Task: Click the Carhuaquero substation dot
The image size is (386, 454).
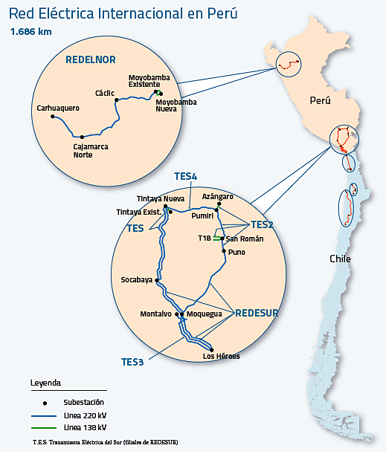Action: [53, 117]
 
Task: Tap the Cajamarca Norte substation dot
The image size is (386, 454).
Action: [82, 137]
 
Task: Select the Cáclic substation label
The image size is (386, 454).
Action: [105, 93]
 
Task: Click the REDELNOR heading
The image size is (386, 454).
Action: [91, 59]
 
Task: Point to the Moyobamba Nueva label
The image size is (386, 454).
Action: [176, 106]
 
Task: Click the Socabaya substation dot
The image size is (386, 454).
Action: [157, 280]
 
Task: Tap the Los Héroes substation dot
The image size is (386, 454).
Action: [211, 350]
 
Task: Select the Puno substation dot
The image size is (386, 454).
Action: [224, 250]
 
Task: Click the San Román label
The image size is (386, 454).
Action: [245, 239]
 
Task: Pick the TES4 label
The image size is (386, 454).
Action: [185, 176]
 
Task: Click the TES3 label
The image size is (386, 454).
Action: [132, 362]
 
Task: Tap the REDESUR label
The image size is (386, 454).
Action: [257, 313]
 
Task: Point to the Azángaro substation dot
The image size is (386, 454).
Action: [219, 204]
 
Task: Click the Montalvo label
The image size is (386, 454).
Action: [155, 314]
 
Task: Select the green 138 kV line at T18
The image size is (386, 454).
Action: [217, 239]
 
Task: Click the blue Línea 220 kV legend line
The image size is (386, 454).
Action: [44, 416]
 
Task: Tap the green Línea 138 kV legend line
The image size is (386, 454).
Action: [44, 428]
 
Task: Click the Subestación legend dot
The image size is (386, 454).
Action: [45, 403]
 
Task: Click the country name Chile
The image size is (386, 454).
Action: [340, 259]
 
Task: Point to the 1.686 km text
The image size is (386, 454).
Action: [30, 31]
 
